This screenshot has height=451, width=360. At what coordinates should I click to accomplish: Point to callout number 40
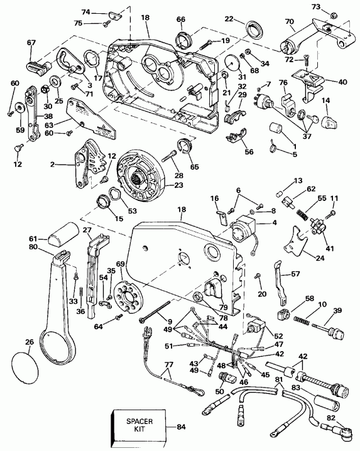[x=343, y=82]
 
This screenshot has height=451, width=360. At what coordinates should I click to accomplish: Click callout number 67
[x=31, y=43]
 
